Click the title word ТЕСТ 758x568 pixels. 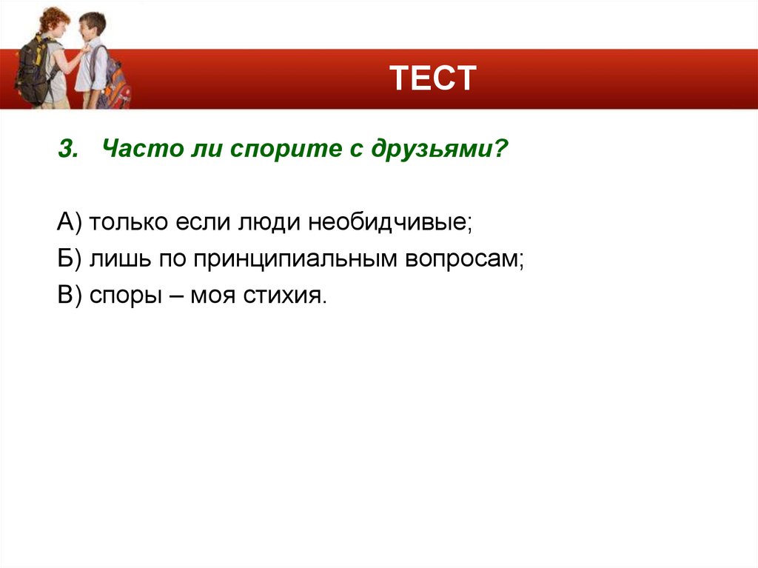[x=433, y=78]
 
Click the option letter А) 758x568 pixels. [x=73, y=223]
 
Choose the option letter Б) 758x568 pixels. [x=72, y=259]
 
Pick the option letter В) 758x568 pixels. [x=72, y=295]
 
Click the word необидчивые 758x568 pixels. [x=390, y=223]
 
